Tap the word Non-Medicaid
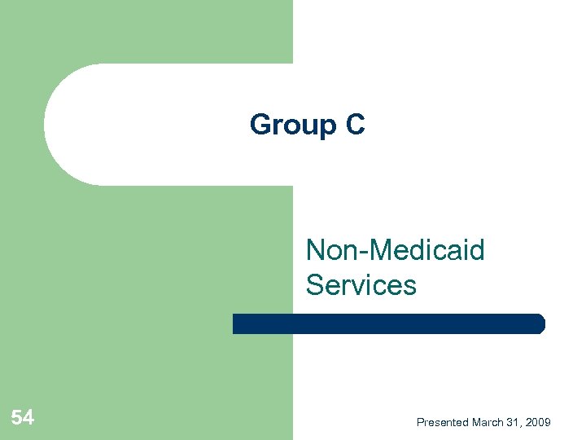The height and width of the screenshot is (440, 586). tap(395, 250)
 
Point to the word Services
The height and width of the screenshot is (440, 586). tap(361, 285)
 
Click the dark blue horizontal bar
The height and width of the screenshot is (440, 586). tap(388, 323)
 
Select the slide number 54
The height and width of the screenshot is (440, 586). tap(23, 419)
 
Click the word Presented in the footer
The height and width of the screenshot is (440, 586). tap(442, 422)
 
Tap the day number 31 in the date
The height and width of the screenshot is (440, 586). tap(512, 422)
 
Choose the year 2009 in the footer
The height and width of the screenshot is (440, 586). tap(537, 422)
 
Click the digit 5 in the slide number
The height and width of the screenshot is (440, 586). tap(17, 419)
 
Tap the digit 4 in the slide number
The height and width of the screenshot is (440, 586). tap(28, 419)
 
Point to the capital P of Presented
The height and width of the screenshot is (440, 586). tap(420, 422)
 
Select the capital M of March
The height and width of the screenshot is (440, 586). tap(476, 422)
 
